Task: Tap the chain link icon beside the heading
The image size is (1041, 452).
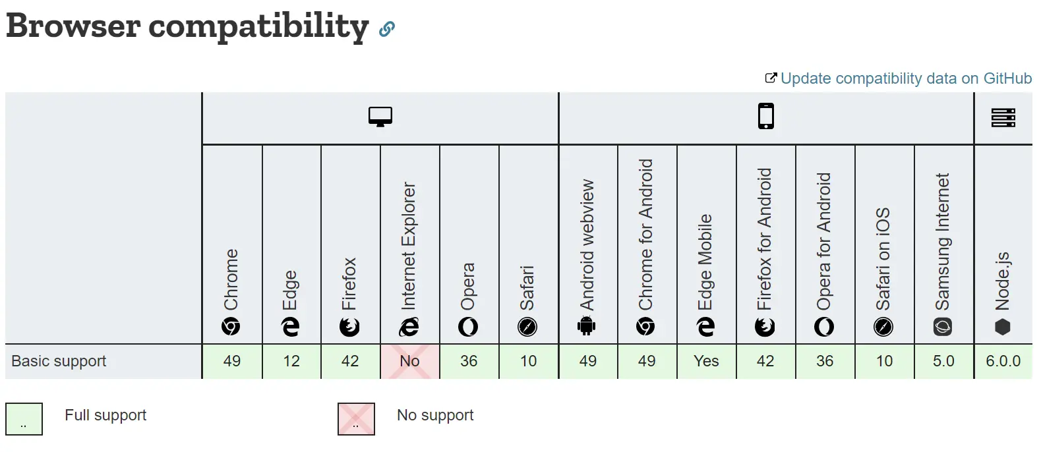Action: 386,29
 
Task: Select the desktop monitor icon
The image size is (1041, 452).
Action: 380,117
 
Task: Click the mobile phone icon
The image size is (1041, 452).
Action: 766,116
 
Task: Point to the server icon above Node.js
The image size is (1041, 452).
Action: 1003,117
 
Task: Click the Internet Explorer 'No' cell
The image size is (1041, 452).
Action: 410,361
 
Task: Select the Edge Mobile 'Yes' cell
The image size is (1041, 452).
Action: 706,361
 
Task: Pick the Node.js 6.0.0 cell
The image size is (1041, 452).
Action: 1003,361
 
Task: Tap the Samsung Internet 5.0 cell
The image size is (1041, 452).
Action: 944,361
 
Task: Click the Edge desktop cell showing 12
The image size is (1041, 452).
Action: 291,361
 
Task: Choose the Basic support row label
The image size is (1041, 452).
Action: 59,361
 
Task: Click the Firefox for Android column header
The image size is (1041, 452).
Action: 765,239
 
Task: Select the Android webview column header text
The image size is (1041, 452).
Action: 587,245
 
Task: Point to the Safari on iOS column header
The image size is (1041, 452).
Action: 883,259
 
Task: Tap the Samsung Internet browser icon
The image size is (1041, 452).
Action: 943,327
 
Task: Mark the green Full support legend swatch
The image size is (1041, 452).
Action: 24,419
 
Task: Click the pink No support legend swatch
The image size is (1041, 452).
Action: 356,419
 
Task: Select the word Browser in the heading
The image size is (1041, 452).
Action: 73,26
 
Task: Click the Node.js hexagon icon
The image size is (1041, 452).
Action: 1002,327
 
